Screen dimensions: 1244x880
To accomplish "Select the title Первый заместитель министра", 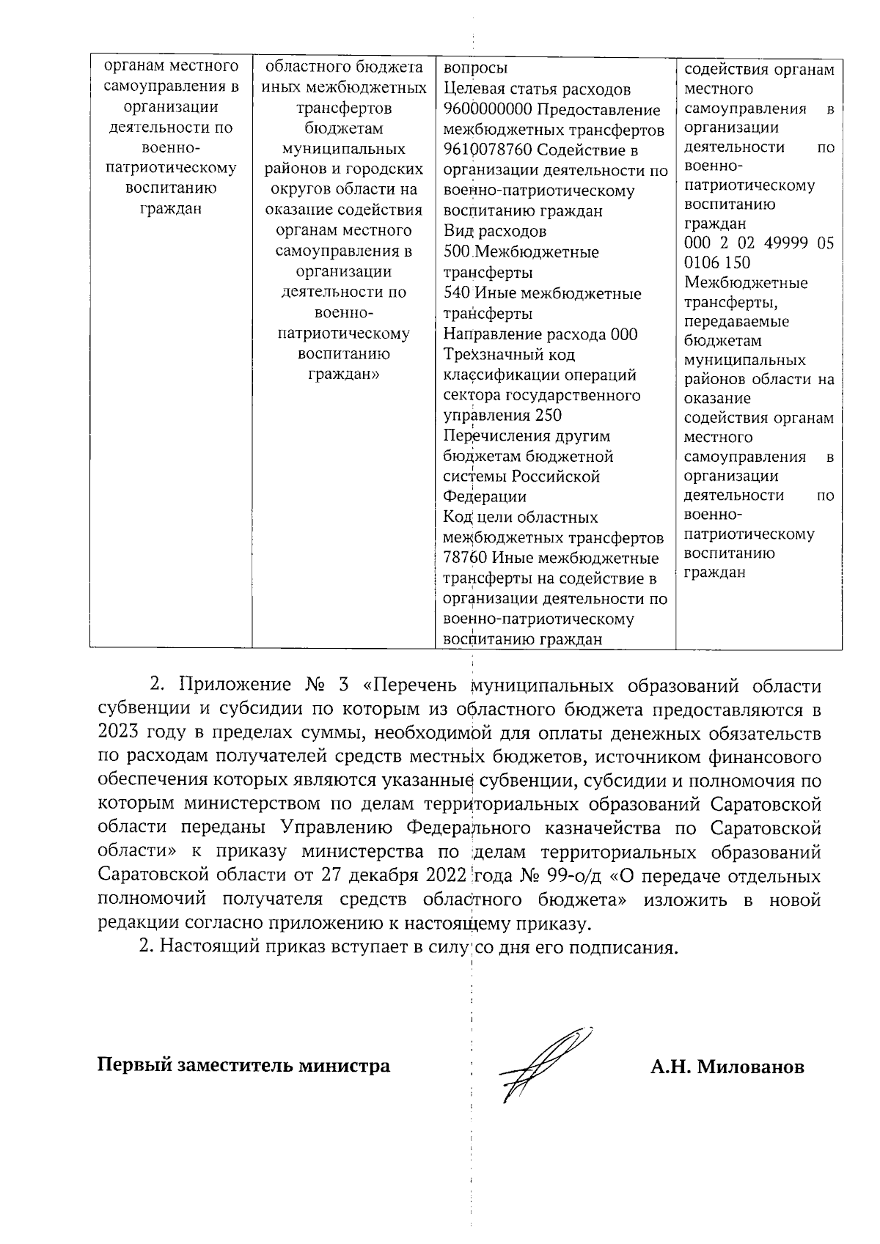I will [x=244, y=1065].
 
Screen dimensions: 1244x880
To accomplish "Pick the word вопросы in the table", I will [x=475, y=69].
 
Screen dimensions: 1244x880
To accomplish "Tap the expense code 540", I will [x=457, y=294].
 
